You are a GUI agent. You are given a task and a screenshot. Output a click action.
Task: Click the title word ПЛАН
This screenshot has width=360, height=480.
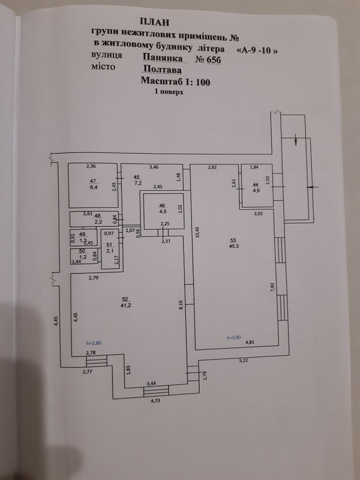click(154, 22)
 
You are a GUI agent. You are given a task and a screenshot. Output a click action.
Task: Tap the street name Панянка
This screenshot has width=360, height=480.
click(163, 58)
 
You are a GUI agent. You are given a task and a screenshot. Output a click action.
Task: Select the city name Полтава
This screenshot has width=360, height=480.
click(162, 70)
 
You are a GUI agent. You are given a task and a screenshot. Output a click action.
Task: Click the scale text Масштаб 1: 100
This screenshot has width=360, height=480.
click(175, 82)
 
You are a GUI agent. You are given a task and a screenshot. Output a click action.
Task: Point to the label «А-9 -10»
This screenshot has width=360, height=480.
click(257, 50)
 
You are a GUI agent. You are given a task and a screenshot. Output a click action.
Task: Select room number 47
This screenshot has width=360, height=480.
click(93, 181)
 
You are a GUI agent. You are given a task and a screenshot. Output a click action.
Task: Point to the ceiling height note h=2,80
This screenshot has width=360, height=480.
click(94, 343)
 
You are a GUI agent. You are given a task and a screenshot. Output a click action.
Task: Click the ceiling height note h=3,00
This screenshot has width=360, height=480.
click(233, 337)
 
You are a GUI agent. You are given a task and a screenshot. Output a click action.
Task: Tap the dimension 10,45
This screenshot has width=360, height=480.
click(197, 232)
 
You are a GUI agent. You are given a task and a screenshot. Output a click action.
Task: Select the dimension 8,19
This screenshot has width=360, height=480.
click(181, 305)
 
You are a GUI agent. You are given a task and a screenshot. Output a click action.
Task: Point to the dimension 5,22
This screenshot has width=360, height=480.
click(244, 361)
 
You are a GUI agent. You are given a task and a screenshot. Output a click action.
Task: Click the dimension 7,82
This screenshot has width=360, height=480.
click(272, 287)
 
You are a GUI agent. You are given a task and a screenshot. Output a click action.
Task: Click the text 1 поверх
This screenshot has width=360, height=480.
click(169, 92)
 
